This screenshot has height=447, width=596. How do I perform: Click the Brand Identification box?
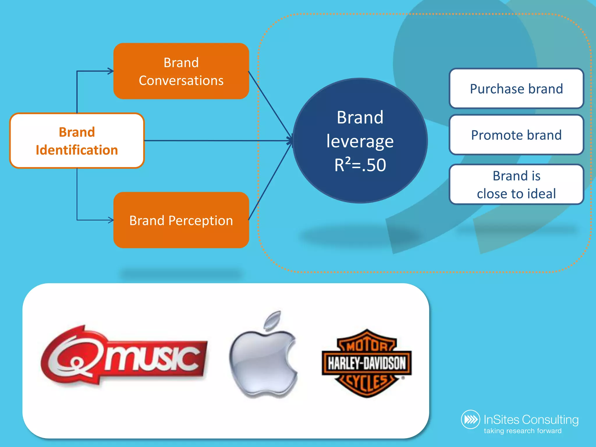coord(77,141)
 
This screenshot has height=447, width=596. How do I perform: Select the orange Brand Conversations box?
coord(181,71)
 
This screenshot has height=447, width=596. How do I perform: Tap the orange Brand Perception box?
coord(181,220)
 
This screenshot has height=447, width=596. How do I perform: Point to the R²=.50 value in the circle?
coord(360,165)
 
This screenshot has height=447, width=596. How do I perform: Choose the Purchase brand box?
coord(516,88)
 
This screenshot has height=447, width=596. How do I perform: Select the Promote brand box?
coord(516,135)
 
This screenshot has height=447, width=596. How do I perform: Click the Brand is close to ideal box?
coord(516,185)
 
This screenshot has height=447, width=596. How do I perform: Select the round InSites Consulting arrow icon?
coord(470,419)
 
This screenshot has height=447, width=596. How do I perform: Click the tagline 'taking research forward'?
coord(523,431)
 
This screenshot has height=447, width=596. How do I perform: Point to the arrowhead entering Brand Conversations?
coord(111,71)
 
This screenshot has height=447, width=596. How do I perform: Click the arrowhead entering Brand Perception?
coord(111,220)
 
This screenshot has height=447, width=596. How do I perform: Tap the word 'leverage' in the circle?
coord(360,141)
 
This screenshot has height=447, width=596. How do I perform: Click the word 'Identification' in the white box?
coord(77,150)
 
